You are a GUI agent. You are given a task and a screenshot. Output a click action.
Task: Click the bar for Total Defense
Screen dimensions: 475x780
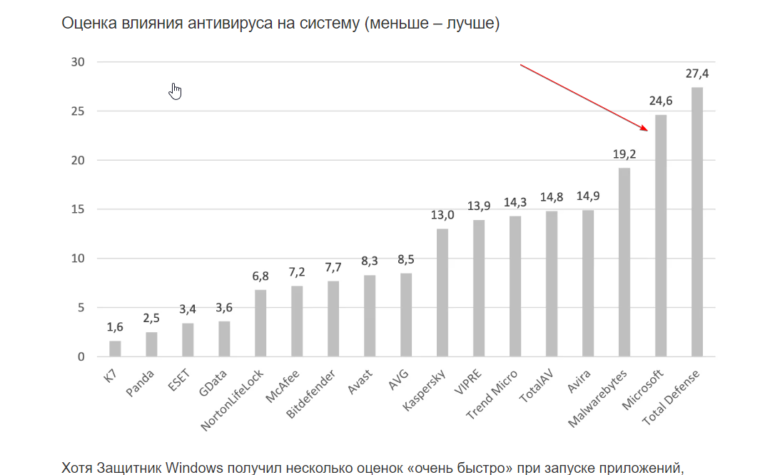[697, 222]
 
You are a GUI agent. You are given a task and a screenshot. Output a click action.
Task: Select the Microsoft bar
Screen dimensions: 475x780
[660, 236]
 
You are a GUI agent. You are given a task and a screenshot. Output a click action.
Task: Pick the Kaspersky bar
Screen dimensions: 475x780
[442, 293]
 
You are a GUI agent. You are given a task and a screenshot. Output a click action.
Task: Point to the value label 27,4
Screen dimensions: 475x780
[697, 74]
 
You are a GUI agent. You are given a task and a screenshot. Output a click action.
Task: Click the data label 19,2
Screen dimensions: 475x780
[624, 154]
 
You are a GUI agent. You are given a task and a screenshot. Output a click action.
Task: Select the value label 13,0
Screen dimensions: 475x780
[442, 215]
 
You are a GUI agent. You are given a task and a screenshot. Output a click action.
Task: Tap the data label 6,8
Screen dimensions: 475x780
[260, 276]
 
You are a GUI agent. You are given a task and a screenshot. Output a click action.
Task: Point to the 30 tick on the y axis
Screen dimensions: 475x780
[78, 62]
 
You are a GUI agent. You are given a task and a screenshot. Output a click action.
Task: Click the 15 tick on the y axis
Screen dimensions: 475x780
[78, 209]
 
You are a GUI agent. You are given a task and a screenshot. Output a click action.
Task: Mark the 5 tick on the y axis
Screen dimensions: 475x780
[81, 308]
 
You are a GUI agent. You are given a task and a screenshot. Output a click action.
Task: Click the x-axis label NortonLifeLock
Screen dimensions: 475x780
[233, 399]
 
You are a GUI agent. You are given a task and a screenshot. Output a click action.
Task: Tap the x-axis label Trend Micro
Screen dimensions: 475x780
[492, 395]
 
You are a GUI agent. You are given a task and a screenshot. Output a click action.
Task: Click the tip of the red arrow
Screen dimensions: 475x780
[647, 131]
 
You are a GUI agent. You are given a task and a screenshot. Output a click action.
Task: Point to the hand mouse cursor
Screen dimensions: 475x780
[176, 91]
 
